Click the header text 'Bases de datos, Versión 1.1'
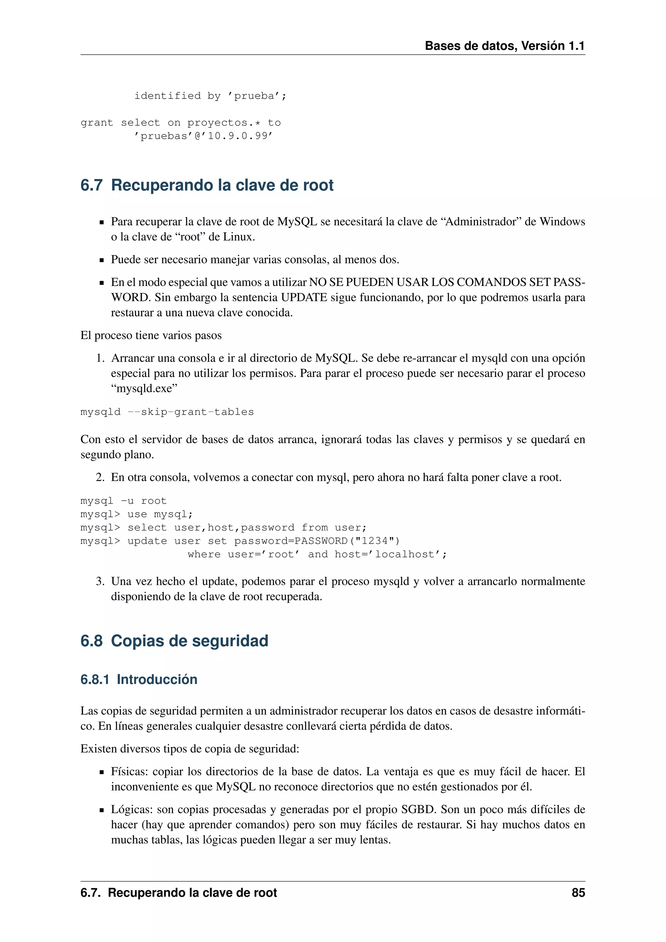[x=504, y=46]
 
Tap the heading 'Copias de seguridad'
[x=190, y=641]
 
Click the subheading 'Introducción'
[x=157, y=680]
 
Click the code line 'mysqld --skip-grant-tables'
[x=167, y=412]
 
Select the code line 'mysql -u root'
[x=124, y=501]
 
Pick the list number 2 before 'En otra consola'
[x=100, y=478]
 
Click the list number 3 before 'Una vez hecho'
[x=100, y=581]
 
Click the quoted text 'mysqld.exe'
[x=144, y=388]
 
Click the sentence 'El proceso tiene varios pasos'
[x=151, y=336]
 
